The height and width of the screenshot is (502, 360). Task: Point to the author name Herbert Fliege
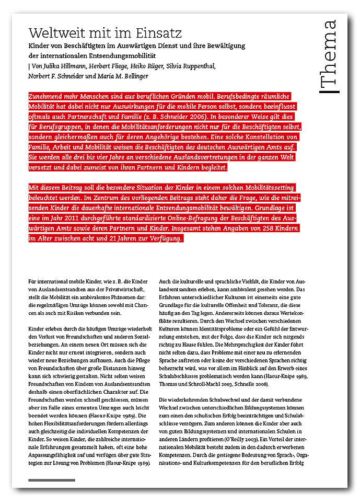coord(108,66)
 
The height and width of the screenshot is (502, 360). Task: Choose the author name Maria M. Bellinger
coord(131,76)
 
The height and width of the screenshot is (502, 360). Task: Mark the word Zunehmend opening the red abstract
coord(49,97)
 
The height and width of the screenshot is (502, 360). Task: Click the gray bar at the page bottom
coord(52,480)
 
